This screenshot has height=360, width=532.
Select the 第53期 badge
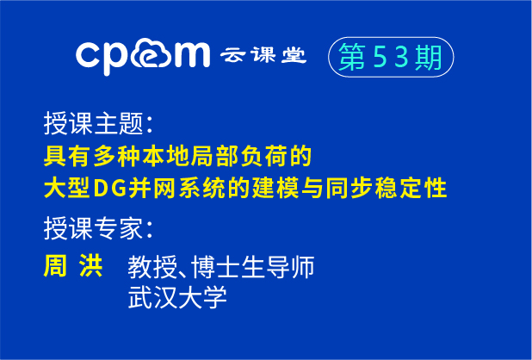pos(391,58)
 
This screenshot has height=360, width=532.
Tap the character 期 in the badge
pos(430,58)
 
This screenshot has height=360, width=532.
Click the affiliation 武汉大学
pos(176,297)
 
